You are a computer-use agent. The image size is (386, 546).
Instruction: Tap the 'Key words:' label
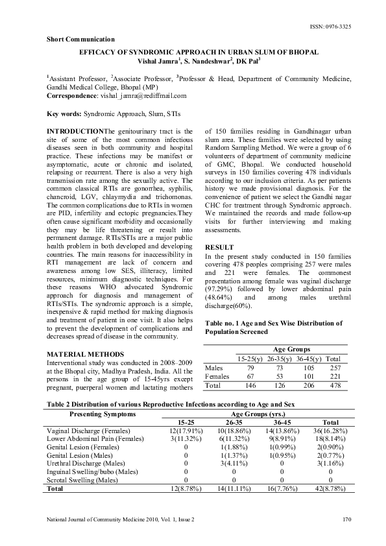point(64,114)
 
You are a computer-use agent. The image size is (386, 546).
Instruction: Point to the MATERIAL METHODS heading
point(82,353)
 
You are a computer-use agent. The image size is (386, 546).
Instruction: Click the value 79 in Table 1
point(249,367)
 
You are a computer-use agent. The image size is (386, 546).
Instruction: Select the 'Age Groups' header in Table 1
point(286,349)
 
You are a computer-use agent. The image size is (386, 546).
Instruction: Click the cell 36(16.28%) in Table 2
point(330,431)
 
